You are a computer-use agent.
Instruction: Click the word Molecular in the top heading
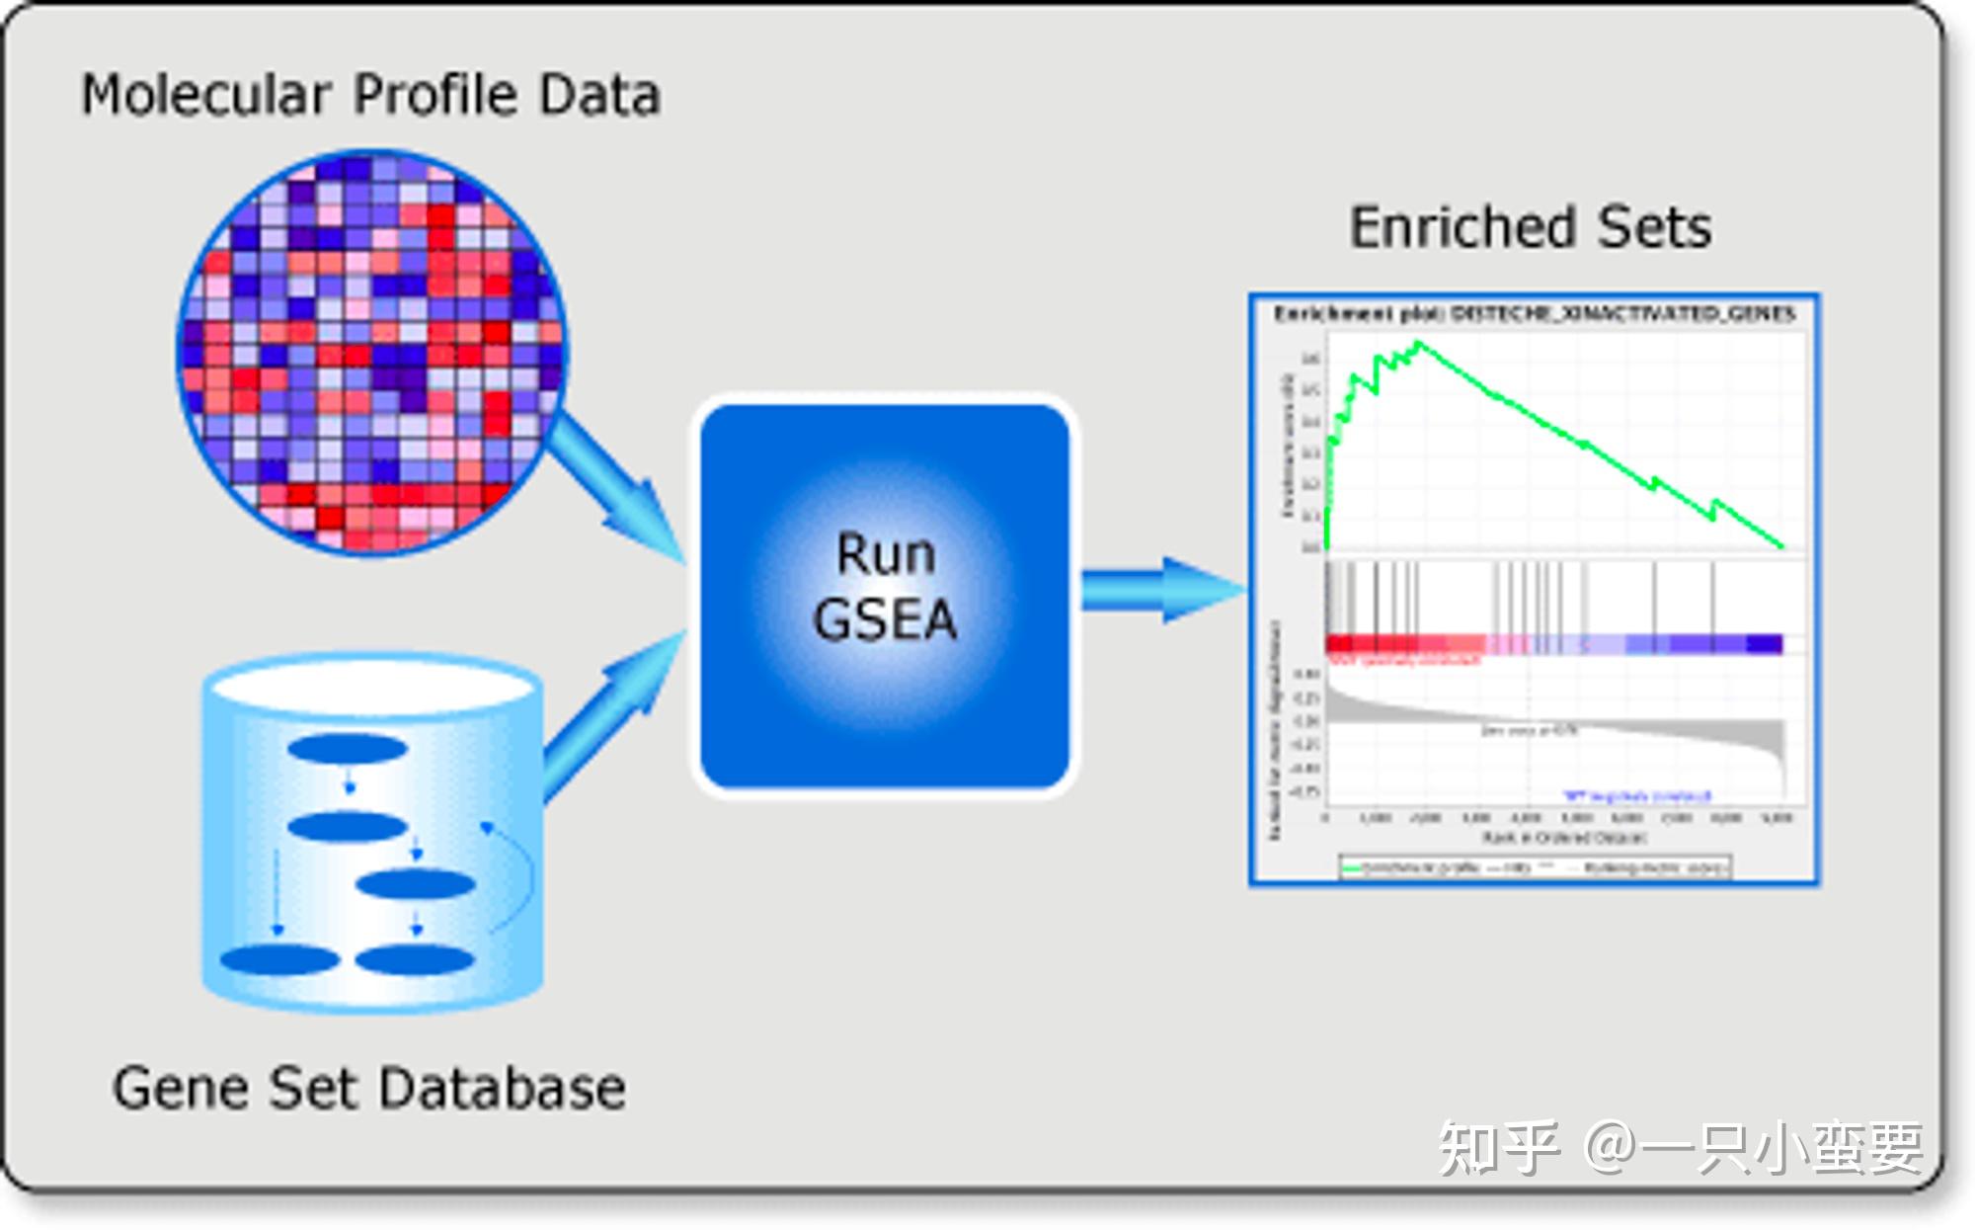pyautogui.click(x=205, y=96)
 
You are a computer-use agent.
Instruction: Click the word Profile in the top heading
pyautogui.click(x=434, y=96)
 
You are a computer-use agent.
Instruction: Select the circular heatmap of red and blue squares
pyautogui.click(x=373, y=353)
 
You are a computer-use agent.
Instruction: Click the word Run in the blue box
pyautogui.click(x=885, y=554)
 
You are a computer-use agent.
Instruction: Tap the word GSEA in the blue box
pyautogui.click(x=885, y=620)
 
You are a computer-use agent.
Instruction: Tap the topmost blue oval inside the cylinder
pyautogui.click(x=348, y=749)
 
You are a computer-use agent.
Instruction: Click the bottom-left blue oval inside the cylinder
pyautogui.click(x=279, y=959)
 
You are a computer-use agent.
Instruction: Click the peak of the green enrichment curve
pyautogui.click(x=1418, y=343)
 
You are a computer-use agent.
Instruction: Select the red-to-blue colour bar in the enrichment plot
pyautogui.click(x=1553, y=644)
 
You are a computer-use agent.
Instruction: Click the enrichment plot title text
pyautogui.click(x=1534, y=314)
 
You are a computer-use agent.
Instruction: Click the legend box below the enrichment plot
pyautogui.click(x=1534, y=867)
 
